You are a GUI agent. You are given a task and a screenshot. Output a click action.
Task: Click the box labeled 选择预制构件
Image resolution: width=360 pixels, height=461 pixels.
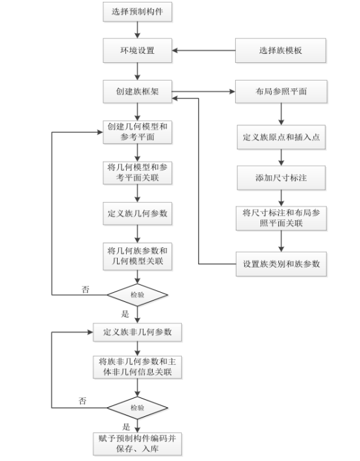coord(138,11)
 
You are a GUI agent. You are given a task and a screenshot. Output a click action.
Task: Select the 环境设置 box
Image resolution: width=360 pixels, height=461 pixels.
coord(138,50)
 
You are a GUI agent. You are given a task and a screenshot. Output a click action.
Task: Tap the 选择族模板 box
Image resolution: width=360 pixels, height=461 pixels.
coord(281,50)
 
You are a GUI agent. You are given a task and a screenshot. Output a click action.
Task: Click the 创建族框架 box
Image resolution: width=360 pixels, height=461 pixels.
coord(138,92)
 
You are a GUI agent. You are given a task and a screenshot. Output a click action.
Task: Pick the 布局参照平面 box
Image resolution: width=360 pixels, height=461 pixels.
coord(281,92)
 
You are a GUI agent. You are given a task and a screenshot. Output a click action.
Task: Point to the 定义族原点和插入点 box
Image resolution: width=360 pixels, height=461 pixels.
coord(281,138)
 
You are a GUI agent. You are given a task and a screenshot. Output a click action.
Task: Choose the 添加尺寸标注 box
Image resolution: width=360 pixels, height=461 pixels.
coord(281,177)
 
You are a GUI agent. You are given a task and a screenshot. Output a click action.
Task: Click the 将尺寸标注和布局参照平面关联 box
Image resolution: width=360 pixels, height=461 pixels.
coord(281,218)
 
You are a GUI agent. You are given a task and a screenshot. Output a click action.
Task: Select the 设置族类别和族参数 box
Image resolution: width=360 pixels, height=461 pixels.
coord(281,264)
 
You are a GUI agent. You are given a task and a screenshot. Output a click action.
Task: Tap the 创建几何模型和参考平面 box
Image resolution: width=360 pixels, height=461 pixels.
coord(138,131)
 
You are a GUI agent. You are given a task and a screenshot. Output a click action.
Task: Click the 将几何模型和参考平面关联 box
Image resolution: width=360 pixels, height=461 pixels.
coord(138,172)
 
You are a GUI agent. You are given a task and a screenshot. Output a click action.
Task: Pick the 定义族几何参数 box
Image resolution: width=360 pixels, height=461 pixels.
coord(138,213)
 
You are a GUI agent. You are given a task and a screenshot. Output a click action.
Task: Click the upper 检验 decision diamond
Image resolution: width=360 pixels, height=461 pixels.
coord(138,294)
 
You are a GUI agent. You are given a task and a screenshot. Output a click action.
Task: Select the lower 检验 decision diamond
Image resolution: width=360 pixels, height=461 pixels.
coord(138,408)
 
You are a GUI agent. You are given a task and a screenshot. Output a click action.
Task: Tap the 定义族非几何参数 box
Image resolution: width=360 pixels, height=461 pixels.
coord(138,332)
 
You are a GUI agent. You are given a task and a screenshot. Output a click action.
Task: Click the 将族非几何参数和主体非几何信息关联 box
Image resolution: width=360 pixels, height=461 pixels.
coord(138,367)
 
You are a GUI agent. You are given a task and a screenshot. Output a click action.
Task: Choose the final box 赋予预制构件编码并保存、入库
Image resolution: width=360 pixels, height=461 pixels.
coord(138,443)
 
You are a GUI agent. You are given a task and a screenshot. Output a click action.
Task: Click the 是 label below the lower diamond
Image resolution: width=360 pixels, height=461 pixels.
coord(126,427)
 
